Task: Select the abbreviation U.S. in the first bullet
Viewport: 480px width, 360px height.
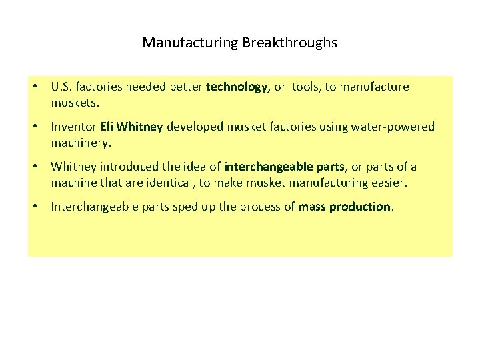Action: [x=61, y=87]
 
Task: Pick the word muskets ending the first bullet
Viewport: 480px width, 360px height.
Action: [x=73, y=103]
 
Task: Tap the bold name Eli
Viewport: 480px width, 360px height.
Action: [x=107, y=127]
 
